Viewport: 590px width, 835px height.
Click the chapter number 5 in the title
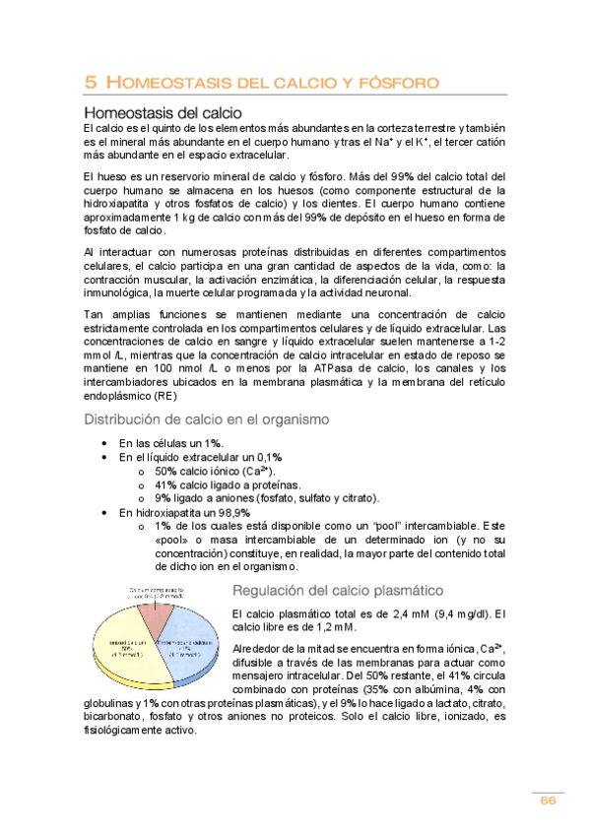click(x=90, y=83)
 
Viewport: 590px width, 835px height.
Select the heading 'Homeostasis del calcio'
click(x=164, y=112)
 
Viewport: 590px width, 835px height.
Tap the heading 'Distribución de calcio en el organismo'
click(x=207, y=419)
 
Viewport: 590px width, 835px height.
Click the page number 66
click(x=548, y=801)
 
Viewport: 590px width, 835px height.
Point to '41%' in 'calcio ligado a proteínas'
click(x=166, y=484)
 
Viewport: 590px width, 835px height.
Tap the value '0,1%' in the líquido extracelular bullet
click(x=266, y=458)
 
